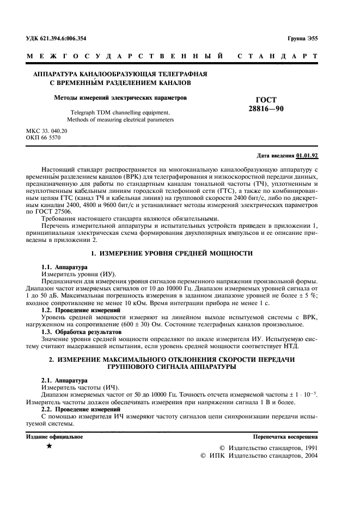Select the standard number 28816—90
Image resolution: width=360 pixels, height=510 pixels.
pos(266,108)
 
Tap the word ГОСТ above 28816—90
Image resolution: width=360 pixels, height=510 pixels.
pos(266,100)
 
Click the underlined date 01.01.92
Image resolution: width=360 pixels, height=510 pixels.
pos(307,155)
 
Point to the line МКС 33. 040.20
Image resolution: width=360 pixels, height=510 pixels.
pos(47,131)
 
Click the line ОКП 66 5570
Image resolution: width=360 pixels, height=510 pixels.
pos(44,138)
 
